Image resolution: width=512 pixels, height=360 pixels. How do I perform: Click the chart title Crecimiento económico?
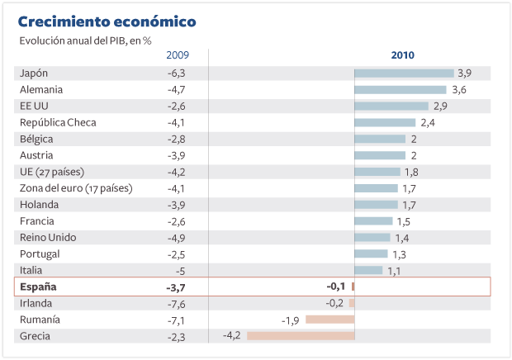coord(107,21)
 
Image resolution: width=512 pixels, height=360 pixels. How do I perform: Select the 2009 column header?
coord(178,55)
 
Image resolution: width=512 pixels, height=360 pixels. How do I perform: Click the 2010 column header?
coord(402,55)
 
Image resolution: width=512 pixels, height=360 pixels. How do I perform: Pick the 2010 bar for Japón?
coord(404,73)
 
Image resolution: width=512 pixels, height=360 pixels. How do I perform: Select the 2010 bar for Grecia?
coord(301,336)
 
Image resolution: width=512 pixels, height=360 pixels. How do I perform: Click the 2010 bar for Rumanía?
coord(329,320)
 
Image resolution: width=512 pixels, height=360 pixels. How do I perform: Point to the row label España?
coord(38,287)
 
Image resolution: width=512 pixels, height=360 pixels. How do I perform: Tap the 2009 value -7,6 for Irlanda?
coord(177,303)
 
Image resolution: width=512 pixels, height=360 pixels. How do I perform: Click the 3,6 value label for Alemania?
coord(459,89)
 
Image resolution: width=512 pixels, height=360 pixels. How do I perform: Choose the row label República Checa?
coord(58,122)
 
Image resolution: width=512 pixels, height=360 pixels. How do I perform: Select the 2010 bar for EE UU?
coord(391,106)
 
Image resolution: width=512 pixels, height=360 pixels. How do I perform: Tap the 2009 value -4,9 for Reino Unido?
coord(177,237)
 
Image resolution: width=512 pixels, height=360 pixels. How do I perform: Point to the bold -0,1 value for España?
coord(335,287)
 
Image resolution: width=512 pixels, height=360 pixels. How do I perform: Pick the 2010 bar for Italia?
coord(368,270)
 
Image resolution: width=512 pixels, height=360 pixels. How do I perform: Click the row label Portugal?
coord(40,253)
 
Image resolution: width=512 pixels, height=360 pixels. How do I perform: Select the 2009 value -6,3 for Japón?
coord(177,73)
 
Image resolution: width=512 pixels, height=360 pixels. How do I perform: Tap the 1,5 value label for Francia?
coord(403,221)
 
